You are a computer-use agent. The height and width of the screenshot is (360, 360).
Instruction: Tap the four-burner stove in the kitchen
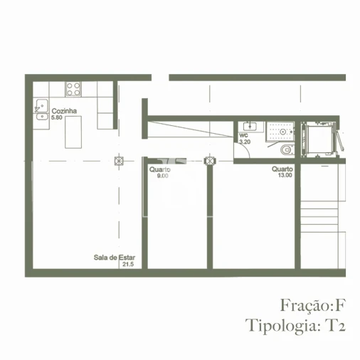coord(74,89)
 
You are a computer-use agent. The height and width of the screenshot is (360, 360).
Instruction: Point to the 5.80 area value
coord(58,118)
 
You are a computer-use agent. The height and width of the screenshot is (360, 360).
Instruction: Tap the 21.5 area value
coord(127,265)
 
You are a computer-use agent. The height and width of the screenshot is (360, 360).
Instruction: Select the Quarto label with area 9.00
coord(159,169)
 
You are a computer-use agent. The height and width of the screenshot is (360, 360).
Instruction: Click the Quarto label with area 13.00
coord(282,169)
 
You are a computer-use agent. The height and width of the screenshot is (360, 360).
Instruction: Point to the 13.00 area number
coord(285,175)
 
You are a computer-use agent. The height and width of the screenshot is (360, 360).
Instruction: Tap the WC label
coord(243,135)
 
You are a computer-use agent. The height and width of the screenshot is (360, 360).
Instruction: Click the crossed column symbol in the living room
coord(120,160)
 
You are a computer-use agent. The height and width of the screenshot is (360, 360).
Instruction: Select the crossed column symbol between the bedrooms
coord(210,161)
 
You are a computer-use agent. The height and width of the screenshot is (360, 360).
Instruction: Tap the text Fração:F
coord(312,305)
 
